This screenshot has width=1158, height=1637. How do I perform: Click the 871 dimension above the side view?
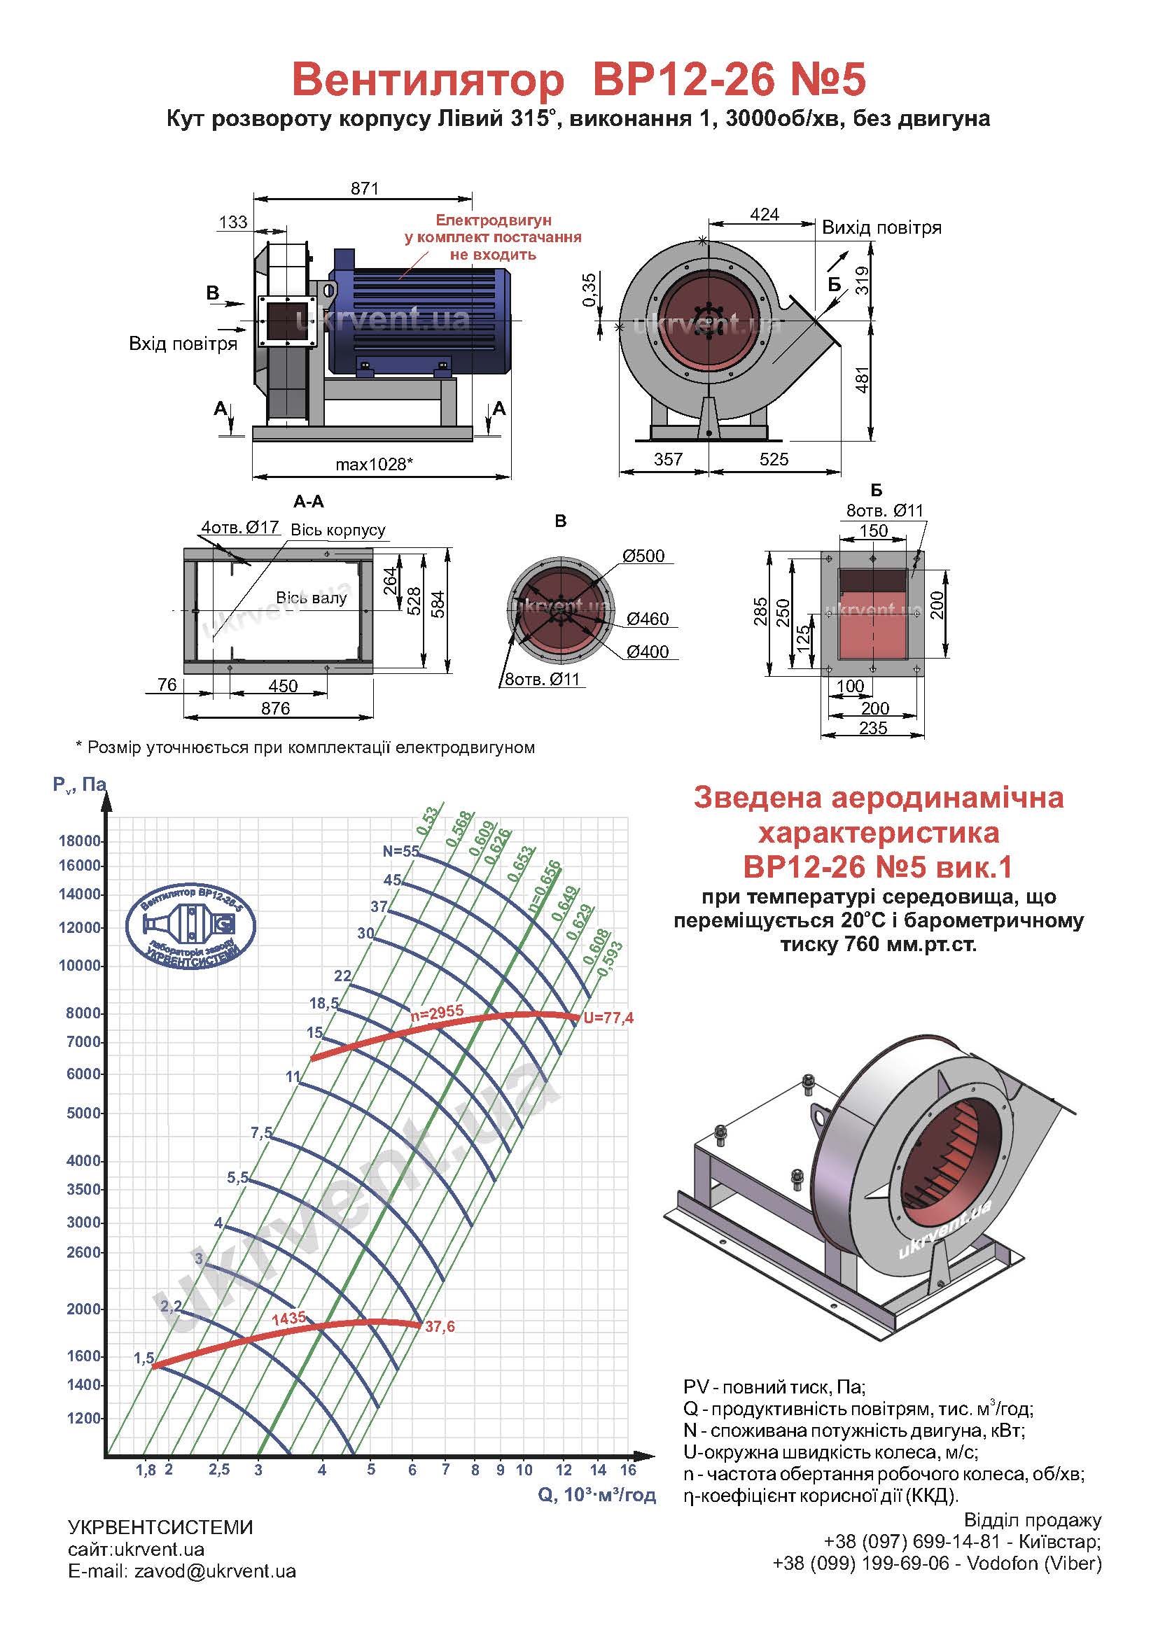click(x=364, y=188)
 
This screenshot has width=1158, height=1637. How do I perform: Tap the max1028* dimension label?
click(x=375, y=464)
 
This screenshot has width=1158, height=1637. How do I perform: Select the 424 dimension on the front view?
click(x=765, y=214)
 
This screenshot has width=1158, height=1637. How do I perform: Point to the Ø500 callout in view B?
click(x=643, y=556)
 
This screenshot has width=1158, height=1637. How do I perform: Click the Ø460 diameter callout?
click(x=648, y=618)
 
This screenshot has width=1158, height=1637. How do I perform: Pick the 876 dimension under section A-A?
click(x=276, y=708)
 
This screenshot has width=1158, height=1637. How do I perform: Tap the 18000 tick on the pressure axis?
click(x=80, y=841)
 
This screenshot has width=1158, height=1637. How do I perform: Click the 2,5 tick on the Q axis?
click(x=220, y=1470)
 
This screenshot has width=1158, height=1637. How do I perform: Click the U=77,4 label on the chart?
click(x=608, y=1018)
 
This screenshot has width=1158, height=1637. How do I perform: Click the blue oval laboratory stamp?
click(x=190, y=925)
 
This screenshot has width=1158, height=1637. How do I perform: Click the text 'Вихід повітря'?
click(x=881, y=227)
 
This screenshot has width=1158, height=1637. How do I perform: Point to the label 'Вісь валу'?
click(x=312, y=598)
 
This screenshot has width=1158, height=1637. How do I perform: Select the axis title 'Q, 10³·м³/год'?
click(x=597, y=1495)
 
